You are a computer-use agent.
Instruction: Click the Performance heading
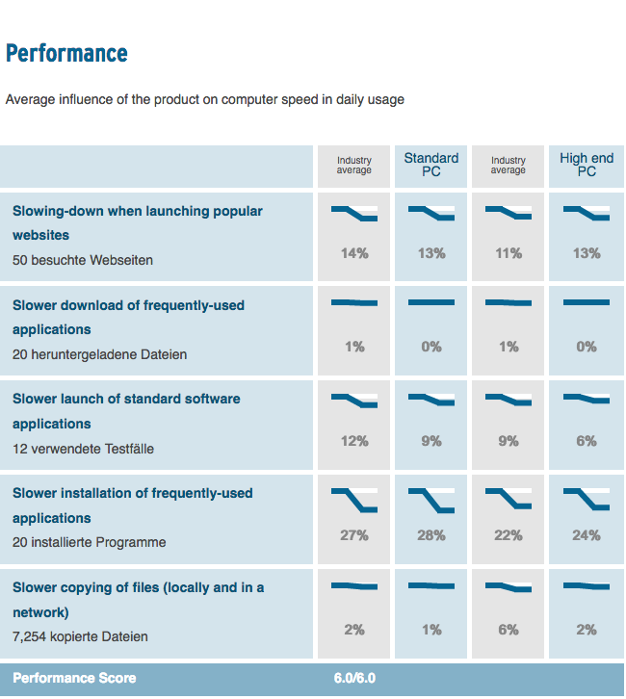(66, 53)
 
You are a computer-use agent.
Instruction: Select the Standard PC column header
(431, 165)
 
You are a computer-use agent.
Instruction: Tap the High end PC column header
(587, 165)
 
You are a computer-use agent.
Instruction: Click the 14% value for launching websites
(354, 253)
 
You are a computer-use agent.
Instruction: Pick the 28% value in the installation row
(431, 535)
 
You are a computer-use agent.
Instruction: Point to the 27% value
(354, 535)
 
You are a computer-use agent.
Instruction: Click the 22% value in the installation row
(509, 535)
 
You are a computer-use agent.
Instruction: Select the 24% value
(587, 535)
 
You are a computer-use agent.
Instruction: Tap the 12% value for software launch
(354, 441)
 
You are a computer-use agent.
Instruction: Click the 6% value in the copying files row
(509, 630)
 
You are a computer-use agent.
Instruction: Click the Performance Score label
(74, 678)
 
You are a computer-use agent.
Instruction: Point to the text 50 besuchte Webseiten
(83, 260)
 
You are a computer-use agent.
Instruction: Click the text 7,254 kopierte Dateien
(80, 636)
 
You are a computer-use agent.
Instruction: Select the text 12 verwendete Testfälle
(83, 449)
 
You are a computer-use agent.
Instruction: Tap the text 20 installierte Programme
(89, 542)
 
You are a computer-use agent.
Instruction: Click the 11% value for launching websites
(509, 253)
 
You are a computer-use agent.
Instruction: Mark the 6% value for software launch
(587, 441)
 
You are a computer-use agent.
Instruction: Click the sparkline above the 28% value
(431, 500)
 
